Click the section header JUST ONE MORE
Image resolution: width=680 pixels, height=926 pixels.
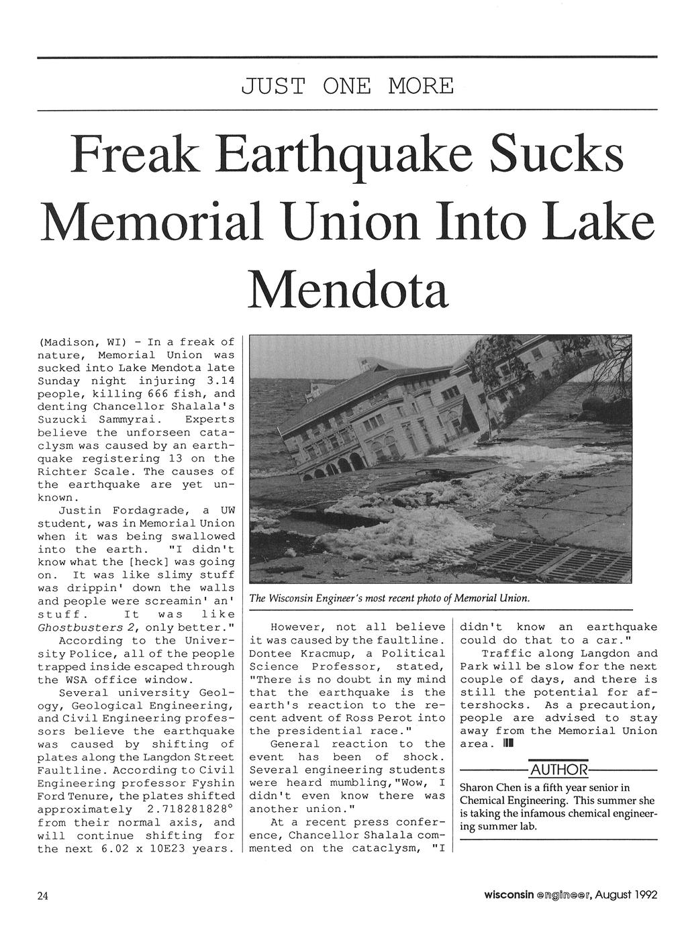347,87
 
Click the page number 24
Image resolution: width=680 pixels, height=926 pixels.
44,895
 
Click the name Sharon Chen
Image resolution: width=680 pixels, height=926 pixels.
489,787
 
